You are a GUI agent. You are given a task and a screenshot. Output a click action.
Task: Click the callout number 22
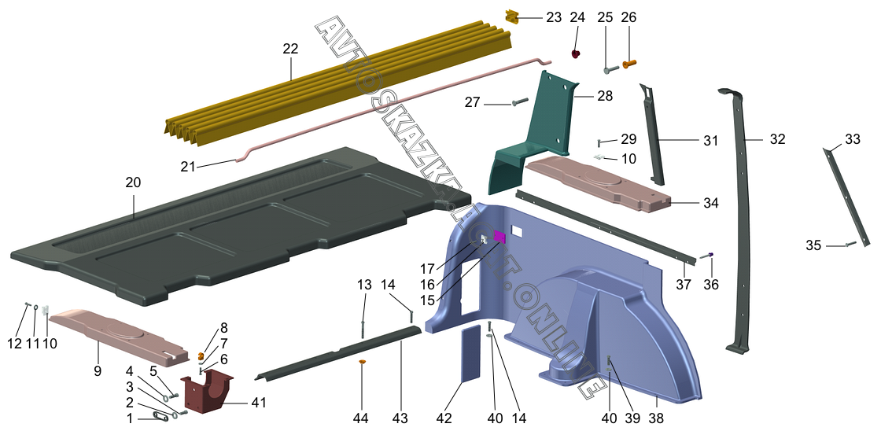290,49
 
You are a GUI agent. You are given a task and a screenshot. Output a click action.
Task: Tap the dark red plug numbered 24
576,54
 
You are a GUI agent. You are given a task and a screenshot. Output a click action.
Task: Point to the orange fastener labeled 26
629,64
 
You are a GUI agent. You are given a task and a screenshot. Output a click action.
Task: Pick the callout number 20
133,182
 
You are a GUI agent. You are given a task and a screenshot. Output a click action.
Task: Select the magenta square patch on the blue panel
499,237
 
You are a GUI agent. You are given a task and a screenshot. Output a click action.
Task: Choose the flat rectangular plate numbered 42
471,354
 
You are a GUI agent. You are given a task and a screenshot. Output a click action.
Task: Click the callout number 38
656,418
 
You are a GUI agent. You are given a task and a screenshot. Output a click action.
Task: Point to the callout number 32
777,139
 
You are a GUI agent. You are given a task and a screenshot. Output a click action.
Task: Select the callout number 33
853,139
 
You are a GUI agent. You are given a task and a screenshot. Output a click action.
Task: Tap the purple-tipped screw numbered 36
707,256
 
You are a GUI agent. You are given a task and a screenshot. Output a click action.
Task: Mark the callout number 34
711,203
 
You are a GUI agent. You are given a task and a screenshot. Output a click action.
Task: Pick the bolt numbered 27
520,103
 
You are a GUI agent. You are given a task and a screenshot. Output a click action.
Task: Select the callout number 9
98,371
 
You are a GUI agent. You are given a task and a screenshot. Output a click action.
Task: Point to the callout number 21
188,166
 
